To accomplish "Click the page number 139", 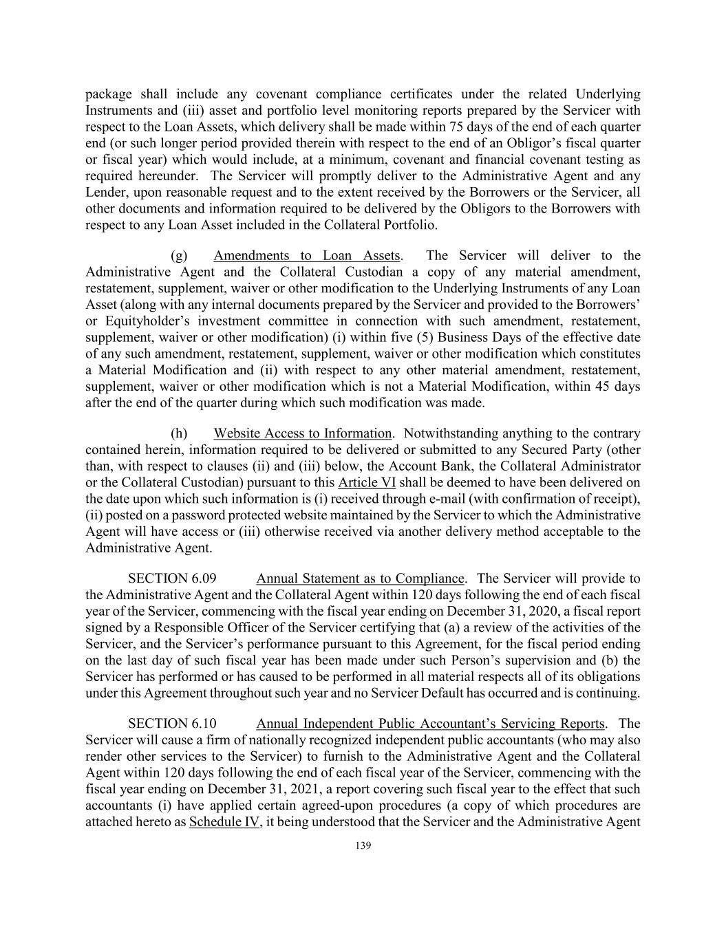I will click(x=363, y=845).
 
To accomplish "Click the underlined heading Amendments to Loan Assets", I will click(x=307, y=256).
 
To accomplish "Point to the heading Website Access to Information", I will click(x=302, y=433).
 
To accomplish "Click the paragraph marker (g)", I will click(x=179, y=256).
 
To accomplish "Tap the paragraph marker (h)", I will click(x=179, y=433).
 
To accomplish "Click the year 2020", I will click(x=570, y=611).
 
